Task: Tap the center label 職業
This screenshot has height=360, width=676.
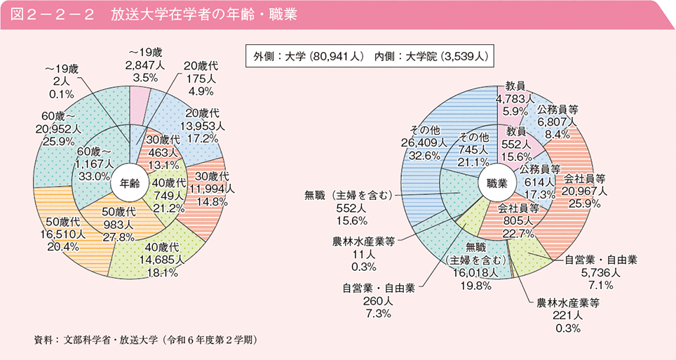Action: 496,184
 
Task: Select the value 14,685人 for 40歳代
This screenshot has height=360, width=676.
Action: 163,259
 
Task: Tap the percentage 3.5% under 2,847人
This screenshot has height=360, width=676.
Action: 144,78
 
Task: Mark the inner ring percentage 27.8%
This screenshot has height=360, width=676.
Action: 117,238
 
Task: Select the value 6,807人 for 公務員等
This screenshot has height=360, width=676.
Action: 557,122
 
